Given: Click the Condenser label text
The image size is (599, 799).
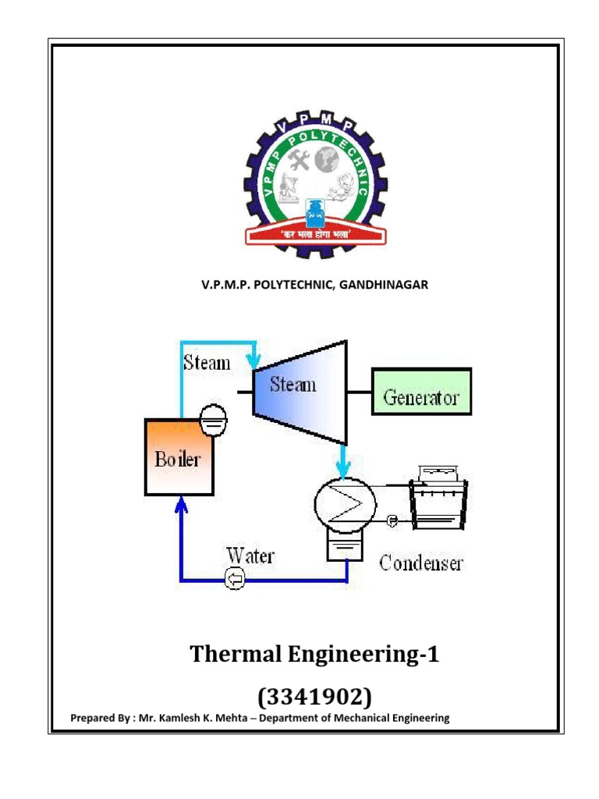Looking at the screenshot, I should (x=420, y=563).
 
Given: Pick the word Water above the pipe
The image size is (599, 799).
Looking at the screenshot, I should (x=250, y=556).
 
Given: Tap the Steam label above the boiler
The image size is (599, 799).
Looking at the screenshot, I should (x=207, y=363).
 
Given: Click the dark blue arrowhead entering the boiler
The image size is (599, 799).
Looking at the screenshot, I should (x=181, y=506).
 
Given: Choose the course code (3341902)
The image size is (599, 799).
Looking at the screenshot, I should (x=314, y=695).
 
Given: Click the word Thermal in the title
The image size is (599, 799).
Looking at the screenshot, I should (x=238, y=655).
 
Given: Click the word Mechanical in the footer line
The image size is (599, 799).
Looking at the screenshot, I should (x=353, y=718).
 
